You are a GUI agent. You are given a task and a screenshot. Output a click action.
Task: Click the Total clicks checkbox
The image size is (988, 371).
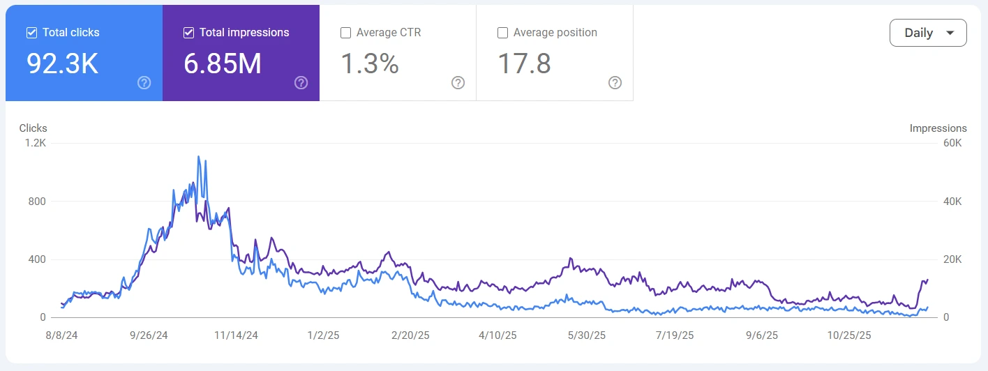click(31, 33)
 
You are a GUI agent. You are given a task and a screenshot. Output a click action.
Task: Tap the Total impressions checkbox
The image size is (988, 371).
click(188, 33)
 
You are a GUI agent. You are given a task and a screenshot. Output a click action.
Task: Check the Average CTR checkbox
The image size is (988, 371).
click(345, 33)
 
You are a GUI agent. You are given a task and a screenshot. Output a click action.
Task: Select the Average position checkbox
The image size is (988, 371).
click(502, 33)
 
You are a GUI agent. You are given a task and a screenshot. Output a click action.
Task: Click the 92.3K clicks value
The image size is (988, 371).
click(63, 63)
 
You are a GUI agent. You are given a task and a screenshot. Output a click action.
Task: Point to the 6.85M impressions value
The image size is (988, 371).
click(223, 63)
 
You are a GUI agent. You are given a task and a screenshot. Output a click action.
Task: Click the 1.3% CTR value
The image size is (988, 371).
click(370, 63)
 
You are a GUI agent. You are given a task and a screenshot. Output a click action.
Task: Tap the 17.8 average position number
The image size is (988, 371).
click(524, 63)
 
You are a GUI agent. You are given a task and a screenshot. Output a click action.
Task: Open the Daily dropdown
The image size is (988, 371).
click(928, 33)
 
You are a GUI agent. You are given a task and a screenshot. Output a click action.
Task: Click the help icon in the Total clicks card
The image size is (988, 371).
click(144, 83)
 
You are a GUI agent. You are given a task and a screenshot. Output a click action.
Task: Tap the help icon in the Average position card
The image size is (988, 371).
click(615, 83)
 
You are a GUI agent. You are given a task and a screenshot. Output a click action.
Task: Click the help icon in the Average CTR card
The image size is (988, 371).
click(458, 83)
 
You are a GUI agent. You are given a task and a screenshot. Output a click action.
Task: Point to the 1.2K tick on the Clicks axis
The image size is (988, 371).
click(35, 143)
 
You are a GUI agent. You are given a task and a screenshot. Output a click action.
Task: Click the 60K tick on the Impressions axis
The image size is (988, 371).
click(952, 143)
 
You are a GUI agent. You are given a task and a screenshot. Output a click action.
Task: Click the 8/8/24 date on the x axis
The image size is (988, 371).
click(61, 335)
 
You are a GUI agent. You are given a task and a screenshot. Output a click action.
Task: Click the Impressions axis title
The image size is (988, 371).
click(938, 128)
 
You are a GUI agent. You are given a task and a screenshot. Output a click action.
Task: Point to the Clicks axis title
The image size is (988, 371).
click(33, 128)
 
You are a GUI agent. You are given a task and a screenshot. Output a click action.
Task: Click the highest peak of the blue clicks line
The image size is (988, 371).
click(198, 157)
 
